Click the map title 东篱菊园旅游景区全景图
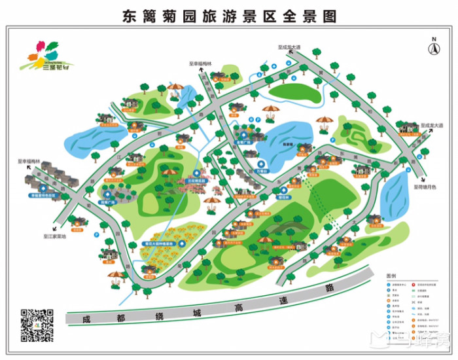(230, 14)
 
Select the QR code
(37, 325)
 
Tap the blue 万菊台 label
(262, 168)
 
